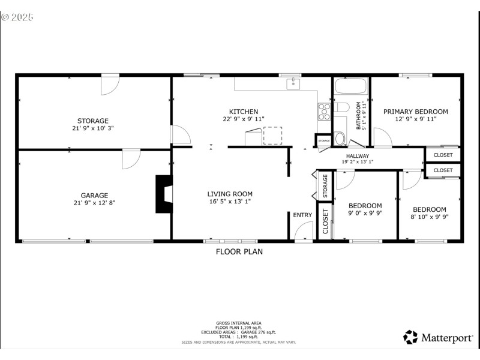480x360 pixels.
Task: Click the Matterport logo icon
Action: pos(410,337)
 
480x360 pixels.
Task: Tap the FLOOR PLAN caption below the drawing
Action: pos(239,252)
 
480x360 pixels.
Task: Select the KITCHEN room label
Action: pos(244,112)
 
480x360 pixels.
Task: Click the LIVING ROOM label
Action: pos(230,194)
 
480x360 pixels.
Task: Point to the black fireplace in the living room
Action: pos(164,194)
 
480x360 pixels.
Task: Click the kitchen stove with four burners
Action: pos(324,111)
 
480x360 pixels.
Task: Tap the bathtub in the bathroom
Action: pos(350,86)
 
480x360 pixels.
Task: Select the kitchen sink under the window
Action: pos(293,84)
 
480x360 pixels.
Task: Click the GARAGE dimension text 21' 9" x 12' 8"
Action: pos(95,203)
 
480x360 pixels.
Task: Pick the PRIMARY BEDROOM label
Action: pos(416,112)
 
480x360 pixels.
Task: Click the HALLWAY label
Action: pos(357,156)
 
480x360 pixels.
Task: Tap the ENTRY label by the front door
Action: pos(302,215)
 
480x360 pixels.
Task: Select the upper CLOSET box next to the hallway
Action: pos(443,155)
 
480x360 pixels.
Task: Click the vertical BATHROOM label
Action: pos(359,115)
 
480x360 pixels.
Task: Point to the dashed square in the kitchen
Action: pos(272,136)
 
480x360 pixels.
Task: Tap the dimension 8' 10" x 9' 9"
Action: pos(429,217)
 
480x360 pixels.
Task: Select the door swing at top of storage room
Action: pos(109,84)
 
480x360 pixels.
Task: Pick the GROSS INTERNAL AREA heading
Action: pos(239,323)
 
